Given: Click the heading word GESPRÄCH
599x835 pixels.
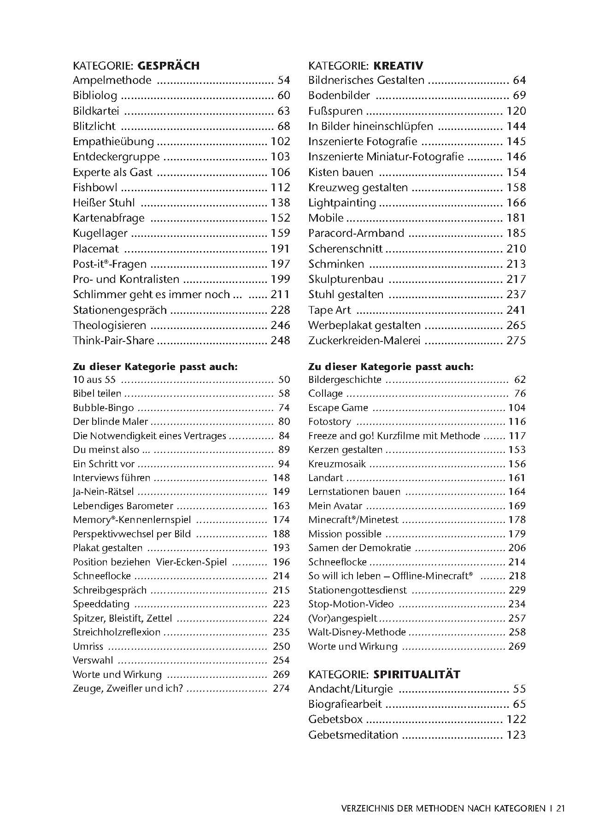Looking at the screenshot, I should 169,65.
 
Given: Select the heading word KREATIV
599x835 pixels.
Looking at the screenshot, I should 398,65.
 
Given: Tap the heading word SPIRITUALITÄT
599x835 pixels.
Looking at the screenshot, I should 417,674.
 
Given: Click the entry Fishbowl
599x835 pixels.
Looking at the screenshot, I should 95,188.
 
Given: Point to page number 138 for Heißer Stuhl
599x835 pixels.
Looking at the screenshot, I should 281,203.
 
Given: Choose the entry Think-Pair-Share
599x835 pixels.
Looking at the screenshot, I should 113,341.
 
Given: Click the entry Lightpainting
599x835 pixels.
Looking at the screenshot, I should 342,203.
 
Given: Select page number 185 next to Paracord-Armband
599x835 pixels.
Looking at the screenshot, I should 516,233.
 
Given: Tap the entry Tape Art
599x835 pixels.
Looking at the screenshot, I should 329,310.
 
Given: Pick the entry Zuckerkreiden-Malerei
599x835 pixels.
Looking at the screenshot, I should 364,341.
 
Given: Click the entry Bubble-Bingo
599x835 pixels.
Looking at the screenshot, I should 103,408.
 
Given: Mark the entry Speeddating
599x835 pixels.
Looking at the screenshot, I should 101,604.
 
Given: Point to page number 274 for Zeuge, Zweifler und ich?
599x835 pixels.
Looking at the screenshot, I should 281,688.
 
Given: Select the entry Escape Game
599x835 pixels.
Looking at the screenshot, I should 338,408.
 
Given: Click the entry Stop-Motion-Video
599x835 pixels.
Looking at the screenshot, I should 351,604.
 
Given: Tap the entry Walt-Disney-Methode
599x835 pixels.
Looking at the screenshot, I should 357,632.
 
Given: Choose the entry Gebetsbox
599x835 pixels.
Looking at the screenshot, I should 335,719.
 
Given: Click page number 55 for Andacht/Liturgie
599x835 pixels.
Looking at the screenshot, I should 519,689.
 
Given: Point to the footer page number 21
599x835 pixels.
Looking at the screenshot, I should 561,808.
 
